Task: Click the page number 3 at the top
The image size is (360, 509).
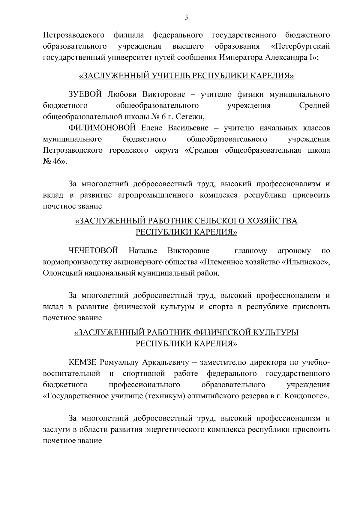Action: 186,18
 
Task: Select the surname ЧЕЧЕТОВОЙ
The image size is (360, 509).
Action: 93,250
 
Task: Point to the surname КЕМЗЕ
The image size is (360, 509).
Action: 82,362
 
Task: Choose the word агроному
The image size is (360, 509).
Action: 294,250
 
